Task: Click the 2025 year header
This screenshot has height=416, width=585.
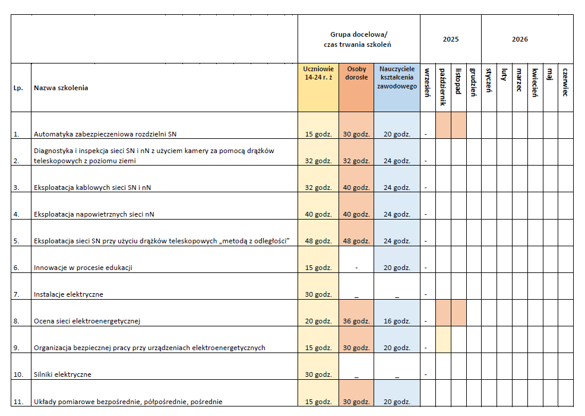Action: (450, 39)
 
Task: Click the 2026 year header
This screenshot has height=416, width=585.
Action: (520, 39)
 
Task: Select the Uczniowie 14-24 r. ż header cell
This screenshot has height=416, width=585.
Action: (318, 73)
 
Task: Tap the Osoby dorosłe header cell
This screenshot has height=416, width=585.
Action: (356, 73)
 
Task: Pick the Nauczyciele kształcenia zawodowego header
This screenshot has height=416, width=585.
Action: (397, 77)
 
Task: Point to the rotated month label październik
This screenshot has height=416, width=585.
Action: (443, 87)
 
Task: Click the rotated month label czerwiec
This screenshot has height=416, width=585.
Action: (565, 82)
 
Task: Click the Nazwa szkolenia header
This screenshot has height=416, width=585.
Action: (61, 88)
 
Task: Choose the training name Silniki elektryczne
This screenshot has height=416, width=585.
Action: (62, 374)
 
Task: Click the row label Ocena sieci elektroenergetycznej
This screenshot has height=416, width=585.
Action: (87, 321)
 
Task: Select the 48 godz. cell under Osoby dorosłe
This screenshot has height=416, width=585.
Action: (356, 240)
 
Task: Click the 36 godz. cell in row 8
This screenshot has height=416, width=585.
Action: (356, 321)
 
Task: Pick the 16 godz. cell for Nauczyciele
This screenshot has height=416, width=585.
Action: (397, 321)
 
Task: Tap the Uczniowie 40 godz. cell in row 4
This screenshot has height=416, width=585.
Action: (318, 214)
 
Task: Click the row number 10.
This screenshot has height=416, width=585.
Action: (18, 374)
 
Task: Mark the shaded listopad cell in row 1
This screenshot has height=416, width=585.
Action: (458, 125)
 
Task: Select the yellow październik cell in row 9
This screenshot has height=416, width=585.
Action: (443, 339)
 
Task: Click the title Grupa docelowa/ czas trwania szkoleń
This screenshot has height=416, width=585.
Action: (358, 39)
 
